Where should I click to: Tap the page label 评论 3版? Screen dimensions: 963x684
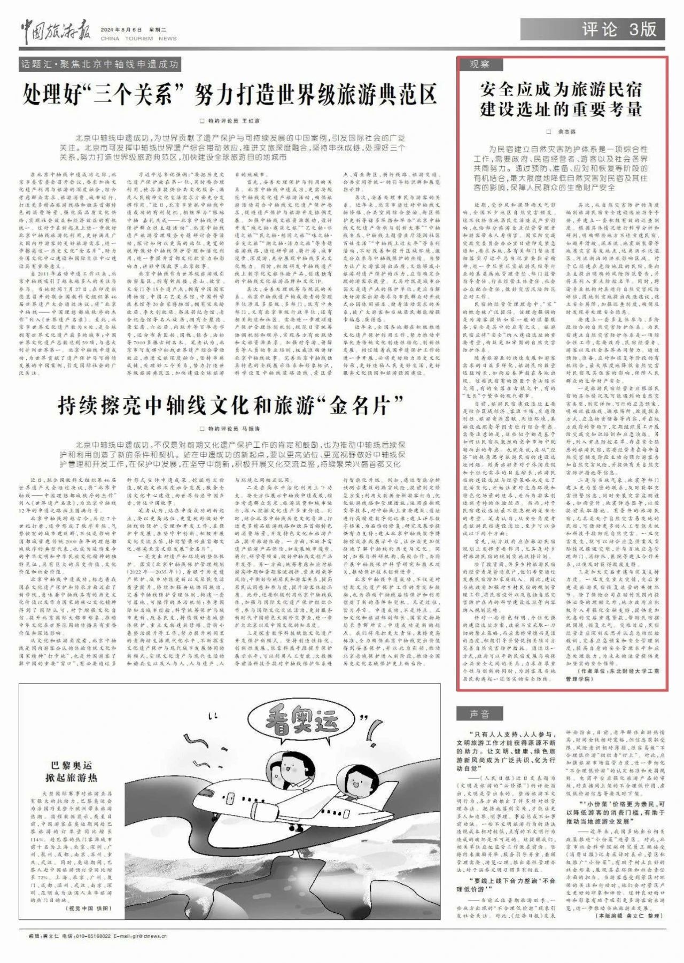[x=619, y=29]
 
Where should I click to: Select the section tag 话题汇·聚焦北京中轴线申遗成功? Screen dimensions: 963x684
[x=99, y=65]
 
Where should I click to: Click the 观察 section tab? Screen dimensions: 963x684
[x=479, y=65]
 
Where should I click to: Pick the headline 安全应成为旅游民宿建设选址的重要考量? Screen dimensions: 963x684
[x=561, y=99]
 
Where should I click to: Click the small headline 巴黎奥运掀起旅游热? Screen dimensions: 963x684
[x=72, y=772]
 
